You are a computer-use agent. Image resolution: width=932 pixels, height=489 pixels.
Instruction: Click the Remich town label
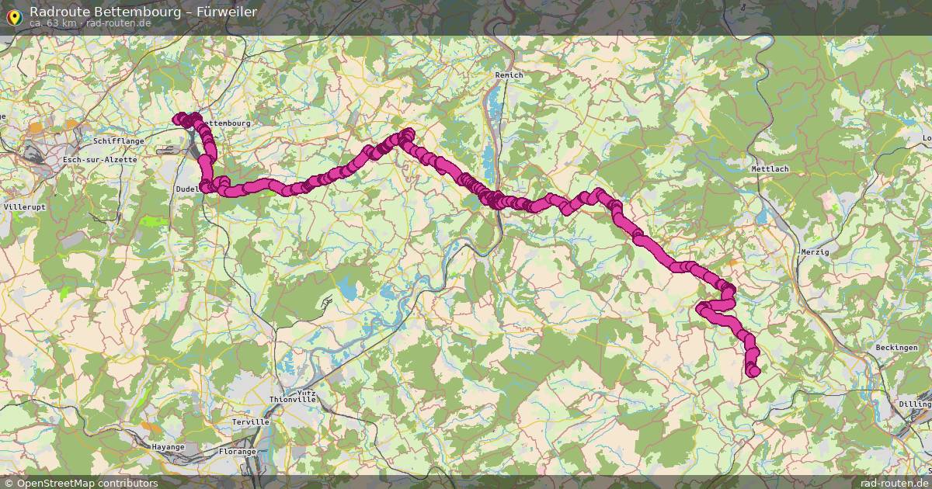509,75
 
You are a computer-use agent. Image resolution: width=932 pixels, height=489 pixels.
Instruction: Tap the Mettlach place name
769,168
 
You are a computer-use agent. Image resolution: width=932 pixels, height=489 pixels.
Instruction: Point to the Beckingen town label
895,348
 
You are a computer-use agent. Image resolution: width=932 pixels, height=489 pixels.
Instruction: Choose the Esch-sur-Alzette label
100,160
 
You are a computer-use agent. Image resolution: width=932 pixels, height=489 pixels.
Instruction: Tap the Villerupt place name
25,208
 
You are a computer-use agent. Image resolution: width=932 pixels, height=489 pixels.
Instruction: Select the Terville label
250,422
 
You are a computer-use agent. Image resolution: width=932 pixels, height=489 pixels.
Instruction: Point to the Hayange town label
167,447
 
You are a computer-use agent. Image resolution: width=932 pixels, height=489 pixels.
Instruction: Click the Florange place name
237,451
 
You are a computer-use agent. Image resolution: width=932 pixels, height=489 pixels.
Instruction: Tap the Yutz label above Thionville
306,393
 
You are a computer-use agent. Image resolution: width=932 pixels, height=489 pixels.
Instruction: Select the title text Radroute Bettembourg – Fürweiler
143,12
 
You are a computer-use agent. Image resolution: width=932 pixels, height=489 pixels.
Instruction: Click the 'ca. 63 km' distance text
53,23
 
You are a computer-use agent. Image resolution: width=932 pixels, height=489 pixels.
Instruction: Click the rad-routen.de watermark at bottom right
894,483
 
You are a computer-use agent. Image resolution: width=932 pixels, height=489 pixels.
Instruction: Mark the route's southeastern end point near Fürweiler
753,372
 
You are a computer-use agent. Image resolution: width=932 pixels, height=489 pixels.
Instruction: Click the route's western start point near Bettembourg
179,119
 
